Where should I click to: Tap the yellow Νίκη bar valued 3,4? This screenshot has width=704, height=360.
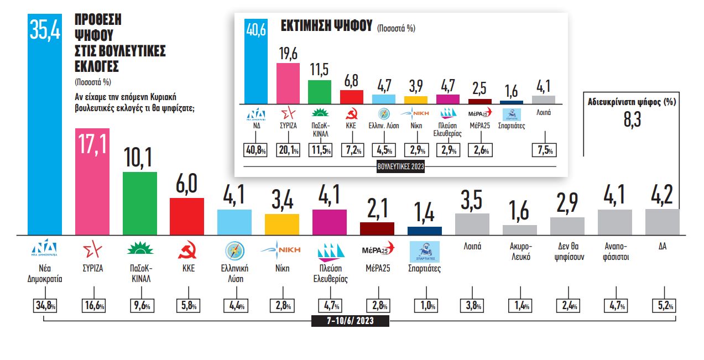tap(281, 224)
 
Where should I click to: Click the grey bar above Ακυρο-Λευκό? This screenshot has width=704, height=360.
tap(519, 230)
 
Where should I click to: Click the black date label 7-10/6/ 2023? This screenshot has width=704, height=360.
tap(350, 321)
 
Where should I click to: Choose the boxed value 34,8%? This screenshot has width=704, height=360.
tap(45, 306)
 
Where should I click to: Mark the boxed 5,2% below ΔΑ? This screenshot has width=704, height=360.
tap(663, 306)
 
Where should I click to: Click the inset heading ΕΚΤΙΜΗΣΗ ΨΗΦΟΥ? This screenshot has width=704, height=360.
tap(325, 27)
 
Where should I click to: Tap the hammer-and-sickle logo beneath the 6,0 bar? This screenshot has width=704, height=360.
tap(187, 252)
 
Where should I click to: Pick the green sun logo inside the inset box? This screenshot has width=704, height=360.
tap(319, 114)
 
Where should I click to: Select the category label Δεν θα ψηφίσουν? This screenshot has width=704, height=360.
tap(567, 252)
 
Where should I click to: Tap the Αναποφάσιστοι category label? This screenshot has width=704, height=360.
tap(615, 252)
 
